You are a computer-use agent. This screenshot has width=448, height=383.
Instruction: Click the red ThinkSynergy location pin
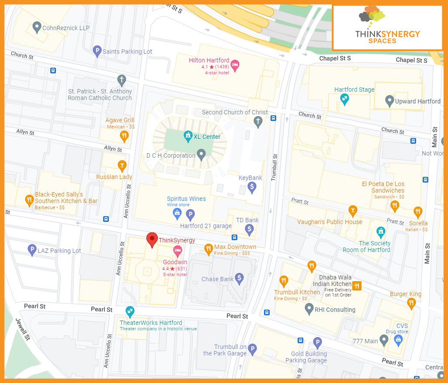(x=152, y=239)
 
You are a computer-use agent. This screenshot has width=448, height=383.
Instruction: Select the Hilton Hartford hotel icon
(x=235, y=65)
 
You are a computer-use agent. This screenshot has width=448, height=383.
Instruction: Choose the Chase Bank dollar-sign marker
(x=239, y=278)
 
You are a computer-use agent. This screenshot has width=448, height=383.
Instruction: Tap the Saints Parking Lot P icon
(x=97, y=52)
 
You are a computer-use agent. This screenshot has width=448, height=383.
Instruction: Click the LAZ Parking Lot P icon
(x=31, y=250)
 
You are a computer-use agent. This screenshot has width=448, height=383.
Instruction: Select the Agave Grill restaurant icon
(x=125, y=136)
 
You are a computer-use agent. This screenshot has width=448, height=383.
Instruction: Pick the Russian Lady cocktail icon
(x=122, y=166)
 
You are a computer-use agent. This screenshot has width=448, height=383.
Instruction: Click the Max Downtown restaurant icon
(x=208, y=248)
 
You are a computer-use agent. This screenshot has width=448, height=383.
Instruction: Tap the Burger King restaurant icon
(x=411, y=303)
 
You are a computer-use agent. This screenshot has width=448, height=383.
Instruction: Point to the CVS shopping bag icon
(x=398, y=340)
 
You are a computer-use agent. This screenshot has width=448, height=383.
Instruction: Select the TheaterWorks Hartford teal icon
(x=130, y=312)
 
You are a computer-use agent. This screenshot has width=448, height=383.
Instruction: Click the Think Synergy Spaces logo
(x=388, y=27)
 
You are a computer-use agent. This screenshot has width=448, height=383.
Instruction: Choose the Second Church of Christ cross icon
(x=258, y=122)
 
